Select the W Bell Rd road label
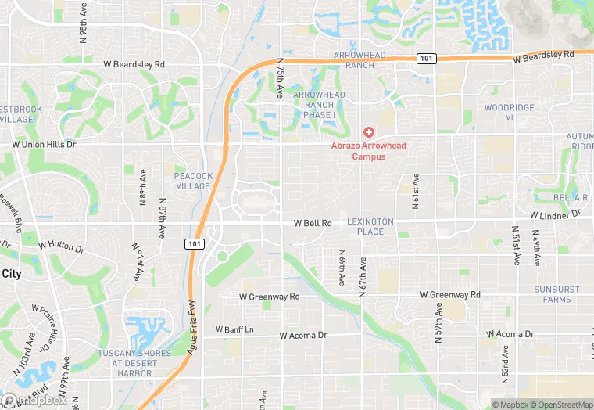(313, 224)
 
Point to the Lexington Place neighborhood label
(370, 227)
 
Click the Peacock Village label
(193, 181)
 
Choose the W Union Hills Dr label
(44, 145)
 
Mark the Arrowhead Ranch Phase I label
(319, 105)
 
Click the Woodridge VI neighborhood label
(509, 112)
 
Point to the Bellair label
(570, 198)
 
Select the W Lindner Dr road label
(556, 214)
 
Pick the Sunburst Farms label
(557, 294)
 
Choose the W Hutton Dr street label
(57, 246)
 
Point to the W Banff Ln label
(234, 329)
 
